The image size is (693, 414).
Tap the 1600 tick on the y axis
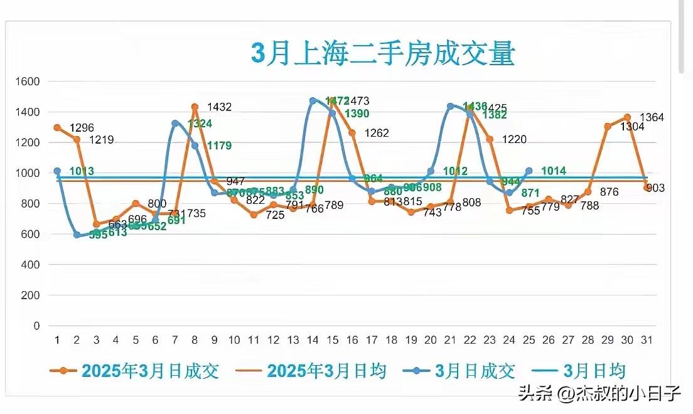28,82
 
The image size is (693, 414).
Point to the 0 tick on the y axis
36,326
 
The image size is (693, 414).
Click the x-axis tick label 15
332,340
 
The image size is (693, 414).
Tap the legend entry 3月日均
584,371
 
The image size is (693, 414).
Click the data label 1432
219,107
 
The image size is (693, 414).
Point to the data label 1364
652,118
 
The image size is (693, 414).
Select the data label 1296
82,128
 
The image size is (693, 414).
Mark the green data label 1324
200,123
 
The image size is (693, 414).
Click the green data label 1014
554,171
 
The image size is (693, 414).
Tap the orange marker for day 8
195,107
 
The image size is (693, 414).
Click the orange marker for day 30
627,117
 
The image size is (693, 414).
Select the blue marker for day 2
77,235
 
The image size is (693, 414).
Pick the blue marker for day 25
529,171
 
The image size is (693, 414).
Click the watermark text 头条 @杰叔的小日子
599,394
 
